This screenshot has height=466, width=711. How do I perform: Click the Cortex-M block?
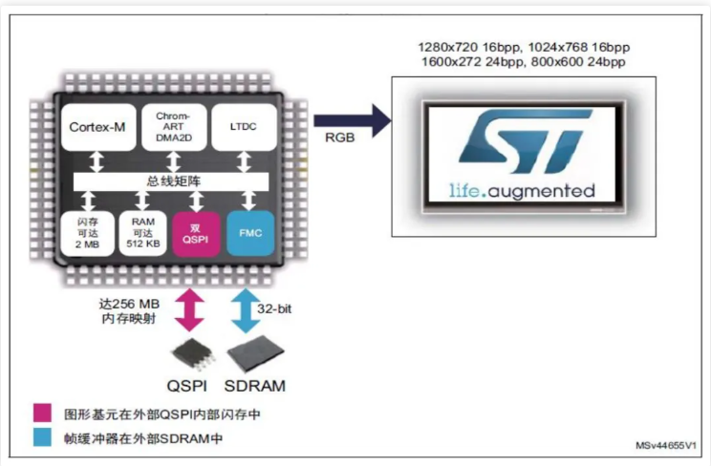point(98,127)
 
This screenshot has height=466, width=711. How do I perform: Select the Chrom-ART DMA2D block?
point(174,127)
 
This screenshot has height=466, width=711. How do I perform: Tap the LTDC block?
point(244,127)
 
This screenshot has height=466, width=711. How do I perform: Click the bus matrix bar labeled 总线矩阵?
point(171,181)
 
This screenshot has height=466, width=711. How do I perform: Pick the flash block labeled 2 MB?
point(88,233)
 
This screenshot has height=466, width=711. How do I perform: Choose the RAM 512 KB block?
point(142,233)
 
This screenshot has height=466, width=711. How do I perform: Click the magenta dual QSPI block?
point(196,233)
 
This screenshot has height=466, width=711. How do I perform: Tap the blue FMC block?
point(250,233)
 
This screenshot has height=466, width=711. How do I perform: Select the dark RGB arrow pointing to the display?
point(353,120)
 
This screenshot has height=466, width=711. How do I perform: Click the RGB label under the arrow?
point(339,138)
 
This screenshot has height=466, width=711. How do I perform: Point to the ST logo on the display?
point(525,141)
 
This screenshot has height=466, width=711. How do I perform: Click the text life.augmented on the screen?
point(522,191)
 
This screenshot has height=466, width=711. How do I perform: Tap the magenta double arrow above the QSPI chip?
point(189,310)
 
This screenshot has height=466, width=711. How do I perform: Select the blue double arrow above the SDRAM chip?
point(246,310)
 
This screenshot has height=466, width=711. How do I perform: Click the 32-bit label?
point(274,309)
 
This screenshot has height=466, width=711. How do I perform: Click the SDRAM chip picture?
point(255,353)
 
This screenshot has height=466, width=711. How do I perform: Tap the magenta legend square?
point(42,413)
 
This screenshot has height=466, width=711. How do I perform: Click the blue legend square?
point(42,437)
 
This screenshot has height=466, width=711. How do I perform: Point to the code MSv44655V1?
point(666,446)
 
